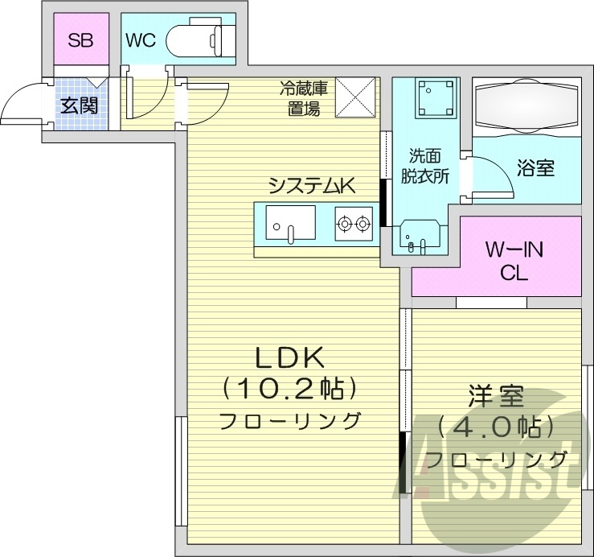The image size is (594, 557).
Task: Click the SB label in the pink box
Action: click(80, 39)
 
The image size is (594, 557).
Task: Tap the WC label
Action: click(141, 39)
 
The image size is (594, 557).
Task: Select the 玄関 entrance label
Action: click(79, 105)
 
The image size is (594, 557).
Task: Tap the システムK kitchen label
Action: click(311, 185)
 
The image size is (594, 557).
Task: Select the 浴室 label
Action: click(535, 168)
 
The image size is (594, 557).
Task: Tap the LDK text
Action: click(289, 357)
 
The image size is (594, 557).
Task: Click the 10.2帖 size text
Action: click(289, 389)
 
